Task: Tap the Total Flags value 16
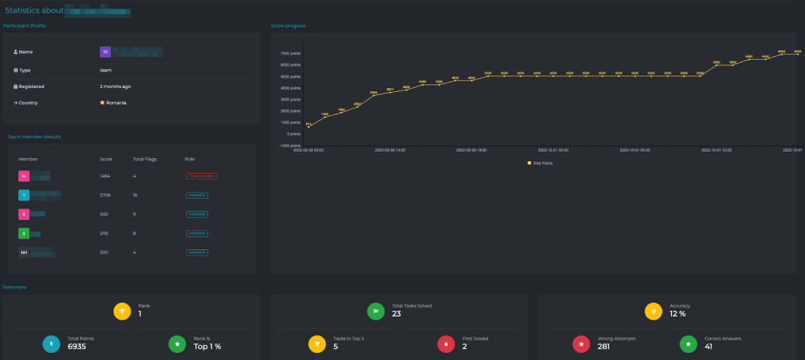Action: point(136,195)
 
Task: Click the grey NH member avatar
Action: point(24,252)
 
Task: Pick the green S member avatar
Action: point(24,233)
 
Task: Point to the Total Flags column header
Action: point(143,159)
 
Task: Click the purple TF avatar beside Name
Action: point(105,52)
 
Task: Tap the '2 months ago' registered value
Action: point(116,86)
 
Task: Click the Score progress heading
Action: point(288,26)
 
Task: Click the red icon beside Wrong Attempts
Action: point(582,343)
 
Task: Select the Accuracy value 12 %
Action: point(678,314)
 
